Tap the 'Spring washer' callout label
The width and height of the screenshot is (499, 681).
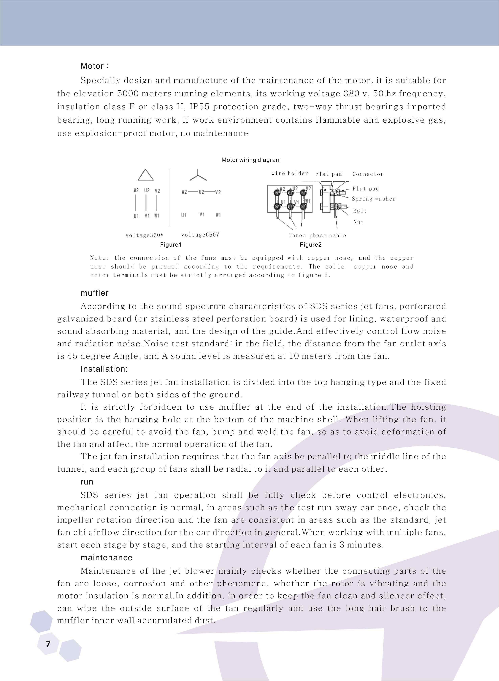point(374,199)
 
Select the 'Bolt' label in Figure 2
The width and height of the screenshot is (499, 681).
point(360,211)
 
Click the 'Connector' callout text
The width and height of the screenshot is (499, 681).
point(368,174)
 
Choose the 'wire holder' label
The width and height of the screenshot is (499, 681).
point(290,173)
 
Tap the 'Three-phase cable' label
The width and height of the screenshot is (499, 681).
point(317,235)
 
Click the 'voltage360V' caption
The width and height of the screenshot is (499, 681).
point(144,235)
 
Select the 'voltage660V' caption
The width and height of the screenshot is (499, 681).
point(200,235)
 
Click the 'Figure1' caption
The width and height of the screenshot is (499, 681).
point(171,245)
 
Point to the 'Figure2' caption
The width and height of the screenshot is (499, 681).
point(310,245)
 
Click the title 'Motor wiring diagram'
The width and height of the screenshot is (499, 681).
point(251,160)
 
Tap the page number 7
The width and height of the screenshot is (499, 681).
point(48,644)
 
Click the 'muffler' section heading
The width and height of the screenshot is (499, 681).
point(94,293)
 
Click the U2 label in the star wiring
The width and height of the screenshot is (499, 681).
point(201,192)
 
